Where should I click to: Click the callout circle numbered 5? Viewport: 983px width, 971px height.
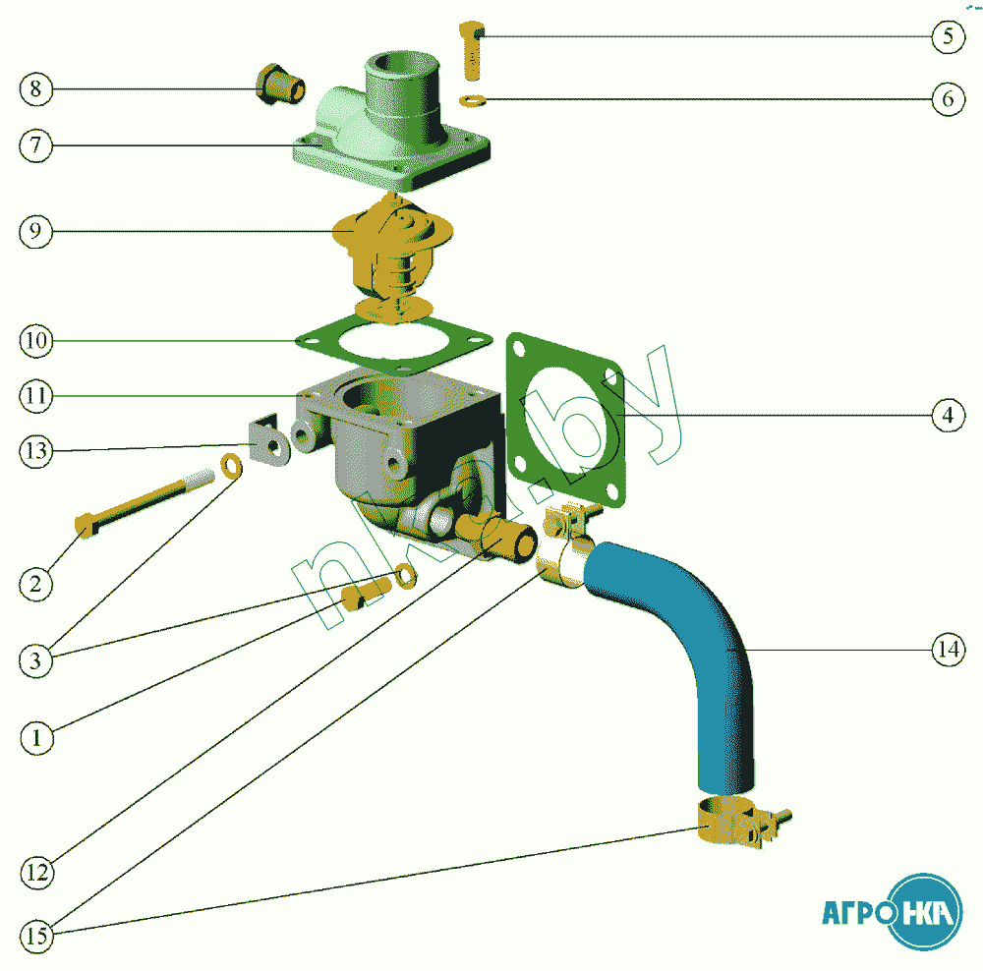947,37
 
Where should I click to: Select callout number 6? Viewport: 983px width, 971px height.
947,100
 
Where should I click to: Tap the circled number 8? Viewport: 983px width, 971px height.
35,89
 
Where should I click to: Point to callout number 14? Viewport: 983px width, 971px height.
948,650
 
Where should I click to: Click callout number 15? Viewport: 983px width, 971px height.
36,937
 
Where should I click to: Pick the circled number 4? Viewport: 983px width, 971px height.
947,417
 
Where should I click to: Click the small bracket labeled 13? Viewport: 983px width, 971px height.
265,442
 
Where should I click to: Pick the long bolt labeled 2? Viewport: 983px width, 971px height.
147,501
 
